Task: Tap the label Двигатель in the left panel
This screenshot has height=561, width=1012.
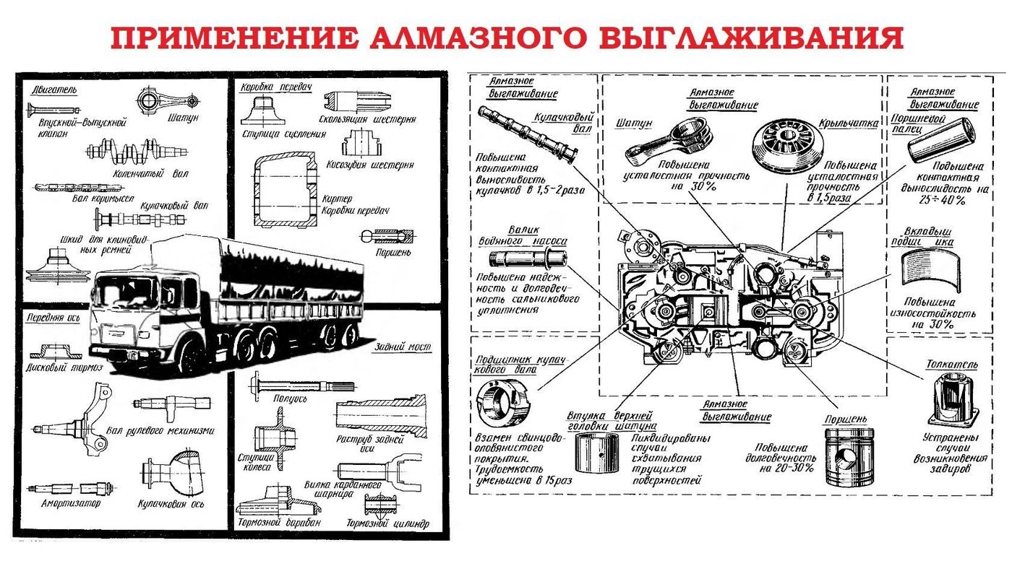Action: click(x=53, y=90)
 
